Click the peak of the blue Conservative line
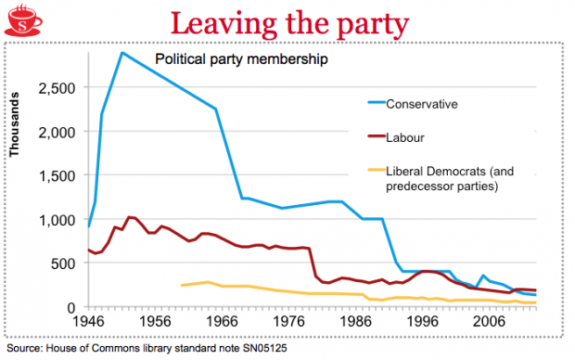click(x=121, y=52)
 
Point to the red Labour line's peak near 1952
click(x=128, y=217)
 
